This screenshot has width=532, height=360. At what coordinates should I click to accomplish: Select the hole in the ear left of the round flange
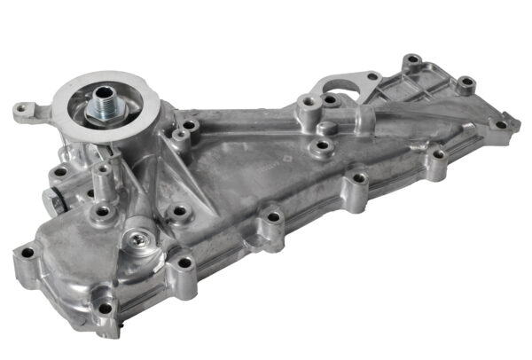click(x=20, y=110)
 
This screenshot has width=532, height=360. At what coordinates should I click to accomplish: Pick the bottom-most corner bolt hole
click(x=106, y=308)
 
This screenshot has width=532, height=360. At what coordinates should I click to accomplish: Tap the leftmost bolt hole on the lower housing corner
click(x=27, y=254)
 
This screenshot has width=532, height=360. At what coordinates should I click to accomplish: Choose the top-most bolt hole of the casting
click(x=411, y=62)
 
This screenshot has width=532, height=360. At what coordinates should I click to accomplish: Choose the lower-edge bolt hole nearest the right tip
click(x=436, y=155)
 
